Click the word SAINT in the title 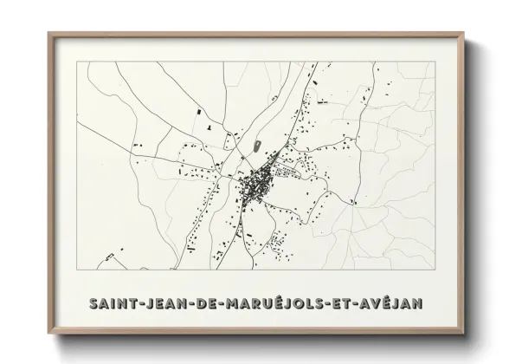coord(113,304)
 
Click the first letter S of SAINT coord(93,304)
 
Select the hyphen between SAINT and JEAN coord(141,305)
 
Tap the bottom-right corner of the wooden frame coord(464,333)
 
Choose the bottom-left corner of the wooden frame coord(48,333)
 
